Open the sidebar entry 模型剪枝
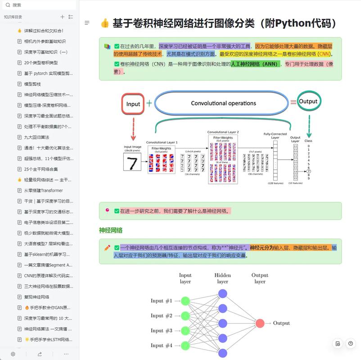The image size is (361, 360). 32,84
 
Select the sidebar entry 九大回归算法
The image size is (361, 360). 36,137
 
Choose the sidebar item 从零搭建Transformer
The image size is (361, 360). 43,190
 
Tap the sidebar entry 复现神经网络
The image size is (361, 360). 36,297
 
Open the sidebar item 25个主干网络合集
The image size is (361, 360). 41,169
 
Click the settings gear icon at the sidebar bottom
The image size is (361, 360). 13,354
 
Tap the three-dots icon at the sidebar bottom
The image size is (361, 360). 66,354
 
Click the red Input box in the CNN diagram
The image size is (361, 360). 133,104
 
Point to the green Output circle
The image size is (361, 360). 309,102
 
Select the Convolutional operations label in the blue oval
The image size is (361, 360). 223,103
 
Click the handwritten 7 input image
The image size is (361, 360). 132,162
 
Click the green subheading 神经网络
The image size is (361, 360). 111,230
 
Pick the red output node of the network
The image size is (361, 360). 260,323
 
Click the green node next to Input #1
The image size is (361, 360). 185,301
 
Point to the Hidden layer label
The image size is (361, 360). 222,278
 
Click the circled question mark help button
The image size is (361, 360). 351,344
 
